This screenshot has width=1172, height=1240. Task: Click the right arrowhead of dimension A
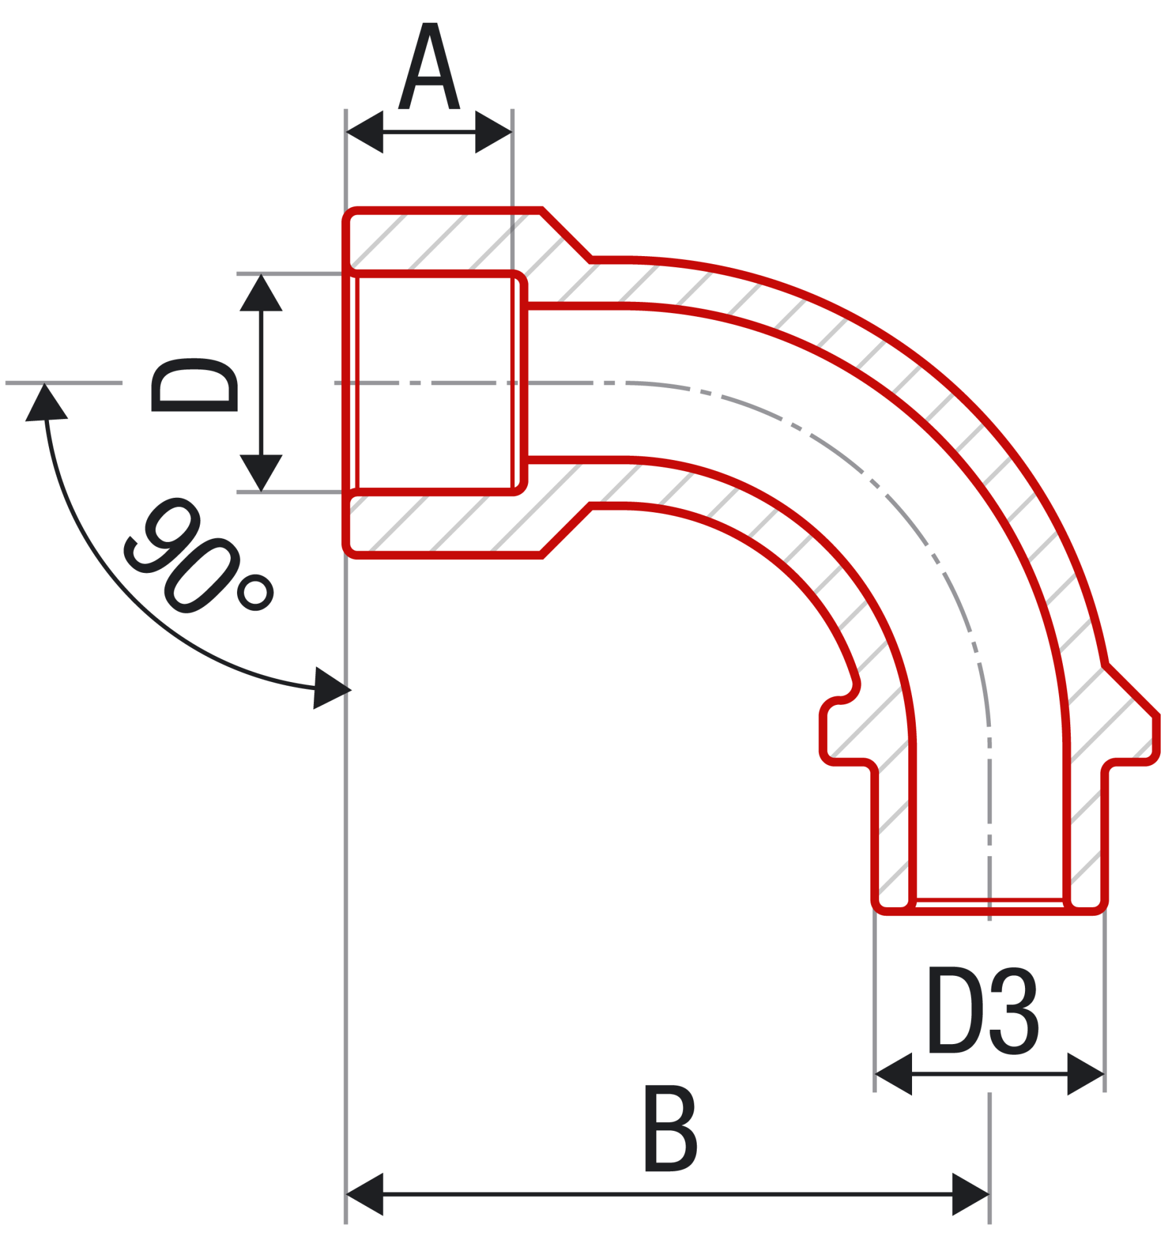[x=493, y=132]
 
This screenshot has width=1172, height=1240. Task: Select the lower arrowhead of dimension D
[x=261, y=471]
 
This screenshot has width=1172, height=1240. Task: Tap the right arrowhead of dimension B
[x=970, y=1194]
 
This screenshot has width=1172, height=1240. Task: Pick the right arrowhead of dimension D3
[x=1085, y=1074]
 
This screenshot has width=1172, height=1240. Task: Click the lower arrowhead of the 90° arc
[x=331, y=688]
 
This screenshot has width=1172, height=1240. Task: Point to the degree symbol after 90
[x=256, y=591]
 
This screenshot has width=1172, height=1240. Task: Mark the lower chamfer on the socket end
[x=566, y=529]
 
